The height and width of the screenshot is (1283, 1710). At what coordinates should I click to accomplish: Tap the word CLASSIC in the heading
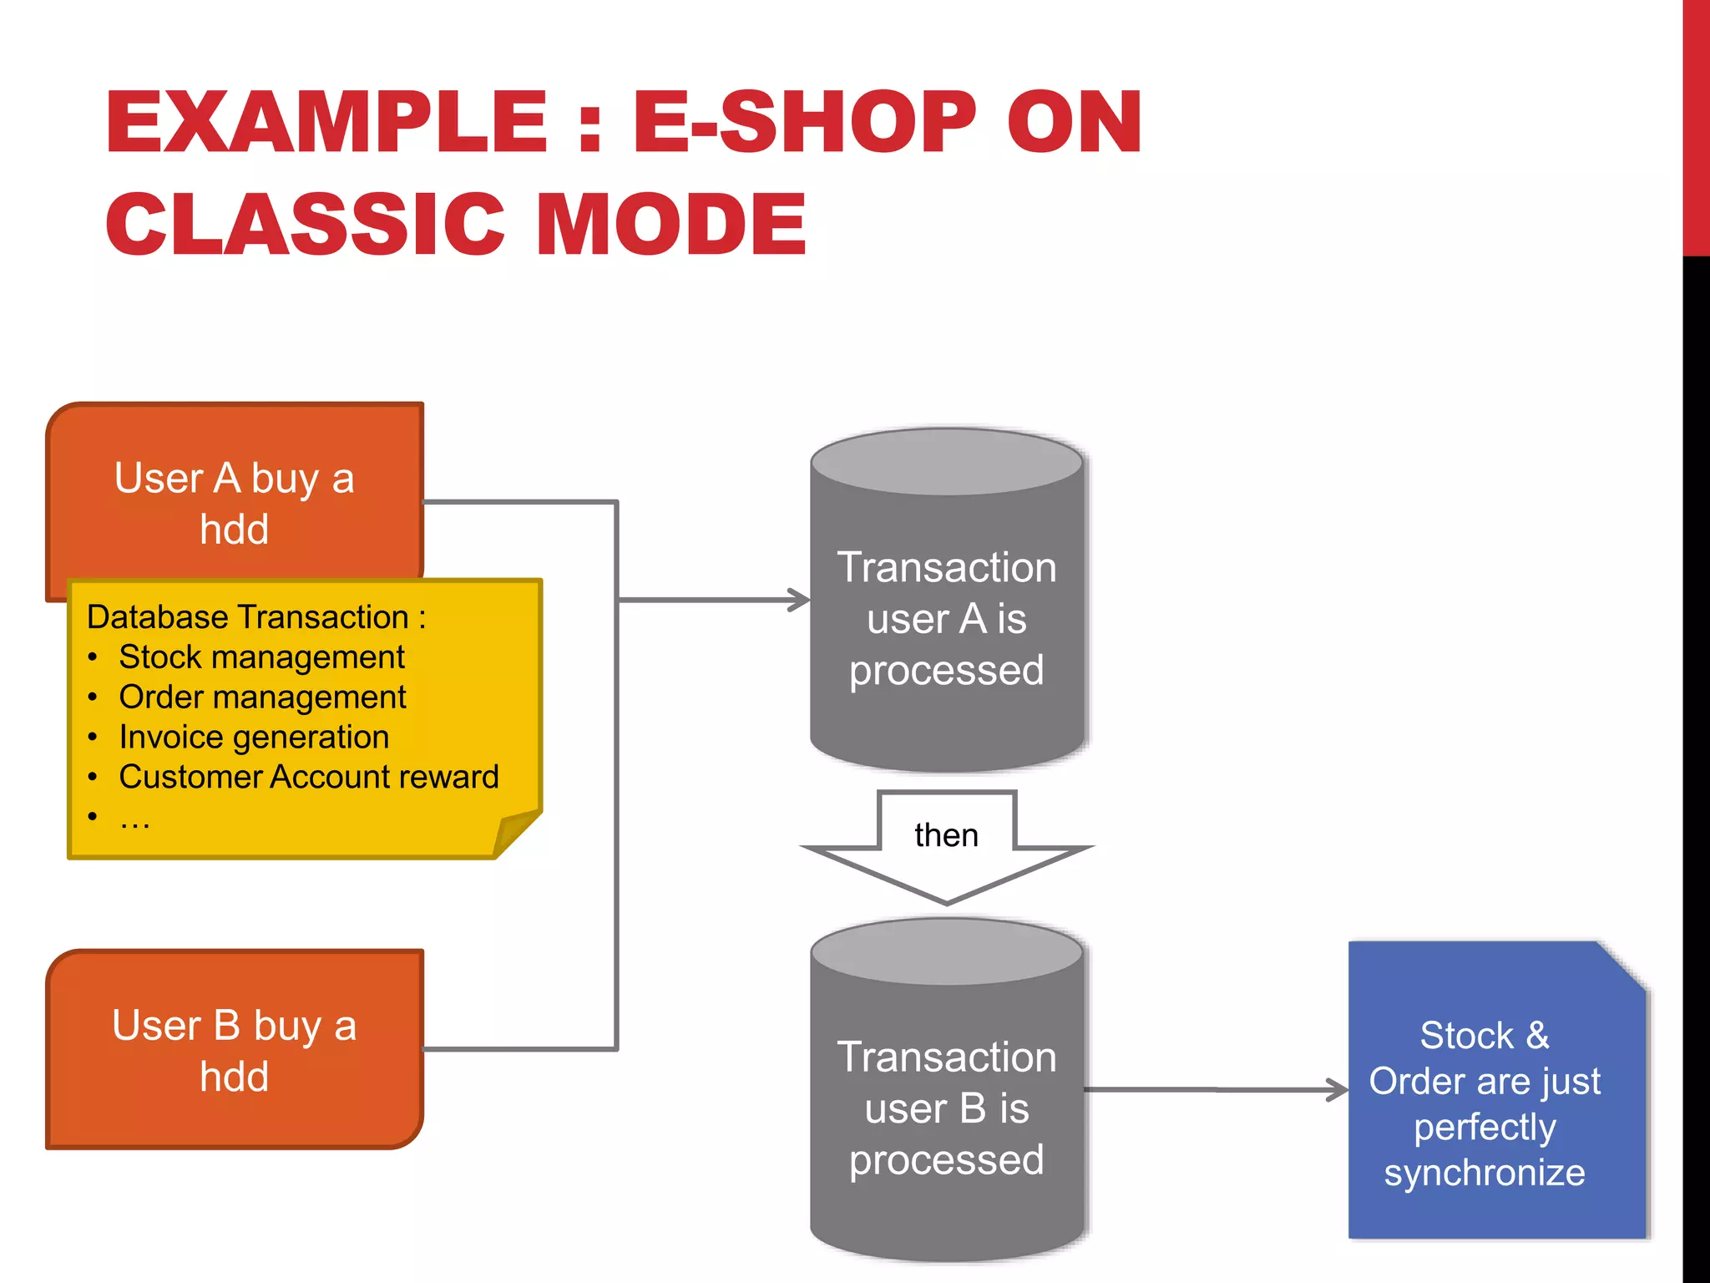pos(305,224)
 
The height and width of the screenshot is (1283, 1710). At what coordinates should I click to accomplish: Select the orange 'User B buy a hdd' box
pos(235,1050)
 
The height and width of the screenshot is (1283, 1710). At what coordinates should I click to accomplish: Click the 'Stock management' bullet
pos(261,657)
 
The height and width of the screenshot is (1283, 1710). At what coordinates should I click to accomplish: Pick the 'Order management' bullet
pos(262,697)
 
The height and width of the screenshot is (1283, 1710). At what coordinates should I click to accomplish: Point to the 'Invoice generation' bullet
pos(254,738)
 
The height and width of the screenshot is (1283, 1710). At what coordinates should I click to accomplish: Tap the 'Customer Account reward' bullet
pos(309,778)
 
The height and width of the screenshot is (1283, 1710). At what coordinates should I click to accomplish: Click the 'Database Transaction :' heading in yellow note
pos(256,617)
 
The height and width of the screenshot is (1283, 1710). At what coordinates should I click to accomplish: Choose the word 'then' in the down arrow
pos(946,835)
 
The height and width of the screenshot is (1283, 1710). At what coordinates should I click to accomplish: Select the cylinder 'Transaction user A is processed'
pos(947,618)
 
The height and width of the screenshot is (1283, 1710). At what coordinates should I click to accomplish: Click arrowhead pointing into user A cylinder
pos(800,600)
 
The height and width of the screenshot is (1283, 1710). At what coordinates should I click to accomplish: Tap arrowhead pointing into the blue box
pos(1338,1089)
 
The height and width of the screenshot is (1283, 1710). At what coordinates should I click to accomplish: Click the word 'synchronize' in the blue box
pos(1485,1173)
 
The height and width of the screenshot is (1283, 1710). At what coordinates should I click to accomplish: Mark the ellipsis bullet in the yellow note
pos(134,819)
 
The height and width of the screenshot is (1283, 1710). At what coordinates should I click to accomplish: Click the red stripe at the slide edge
pos(1696,125)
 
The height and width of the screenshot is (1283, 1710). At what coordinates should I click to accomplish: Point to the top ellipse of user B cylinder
pos(947,952)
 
